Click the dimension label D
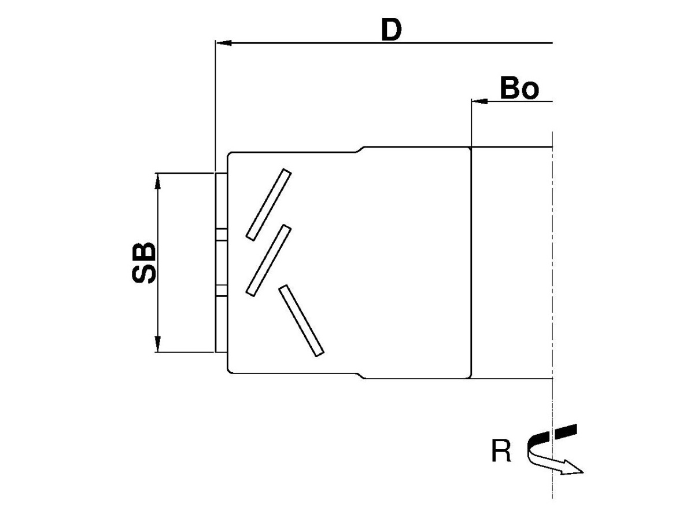[x=391, y=31]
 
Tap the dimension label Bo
[x=519, y=89]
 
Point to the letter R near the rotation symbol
[x=501, y=452]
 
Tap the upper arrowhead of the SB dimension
[x=157, y=180]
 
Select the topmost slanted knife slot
[x=268, y=204]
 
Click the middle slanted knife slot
[x=268, y=260]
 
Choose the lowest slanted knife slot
[x=301, y=320]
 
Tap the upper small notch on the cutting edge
[x=221, y=234]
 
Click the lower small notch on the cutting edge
[x=221, y=291]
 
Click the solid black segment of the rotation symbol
[x=566, y=430]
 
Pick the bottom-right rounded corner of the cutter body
[x=468, y=376]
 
